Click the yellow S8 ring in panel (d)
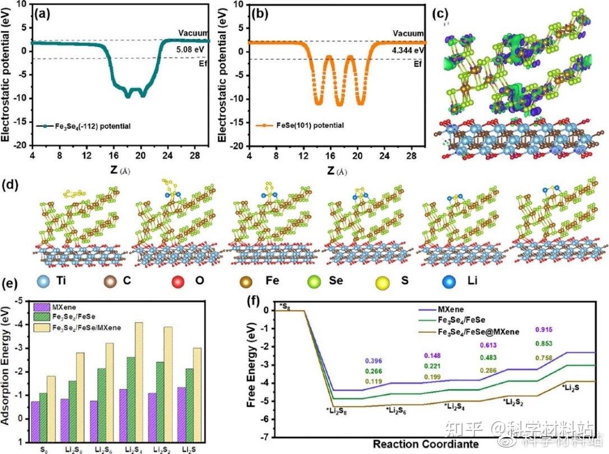pos(75,194)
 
